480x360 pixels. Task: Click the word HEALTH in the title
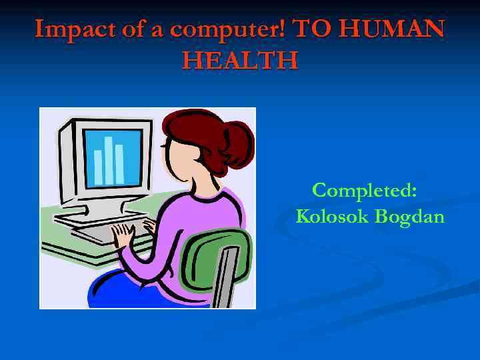240,61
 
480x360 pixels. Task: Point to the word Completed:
365,191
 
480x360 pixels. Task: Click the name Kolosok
332,217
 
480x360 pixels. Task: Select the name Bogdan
409,217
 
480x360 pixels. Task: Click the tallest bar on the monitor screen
108,159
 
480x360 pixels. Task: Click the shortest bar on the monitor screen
98,166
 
